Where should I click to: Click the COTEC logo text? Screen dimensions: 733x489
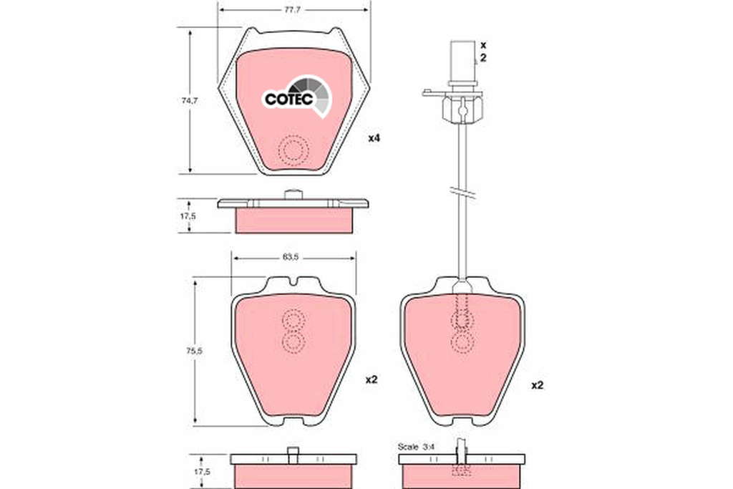(288, 99)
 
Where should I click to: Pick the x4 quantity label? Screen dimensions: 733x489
(374, 138)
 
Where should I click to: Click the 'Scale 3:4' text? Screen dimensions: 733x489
(416, 447)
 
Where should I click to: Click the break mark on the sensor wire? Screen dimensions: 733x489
(463, 191)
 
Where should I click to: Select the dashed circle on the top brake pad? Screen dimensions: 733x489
(293, 150)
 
